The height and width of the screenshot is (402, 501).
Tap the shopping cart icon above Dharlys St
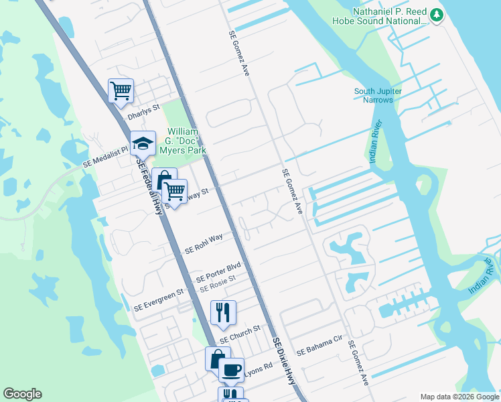(x=121, y=90)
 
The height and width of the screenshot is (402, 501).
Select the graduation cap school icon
(x=143, y=143)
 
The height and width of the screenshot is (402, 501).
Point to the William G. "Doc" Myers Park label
(x=186, y=141)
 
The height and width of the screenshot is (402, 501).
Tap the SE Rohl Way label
(x=204, y=245)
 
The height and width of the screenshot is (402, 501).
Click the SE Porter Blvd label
(x=218, y=272)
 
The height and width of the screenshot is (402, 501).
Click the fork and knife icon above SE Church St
(x=223, y=312)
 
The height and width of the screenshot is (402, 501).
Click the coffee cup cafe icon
(x=232, y=369)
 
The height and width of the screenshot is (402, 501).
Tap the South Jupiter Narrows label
(x=374, y=95)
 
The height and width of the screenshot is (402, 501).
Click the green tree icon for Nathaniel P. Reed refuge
(x=437, y=14)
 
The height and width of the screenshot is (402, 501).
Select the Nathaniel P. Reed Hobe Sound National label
(x=380, y=16)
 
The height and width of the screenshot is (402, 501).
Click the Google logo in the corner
(x=22, y=394)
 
